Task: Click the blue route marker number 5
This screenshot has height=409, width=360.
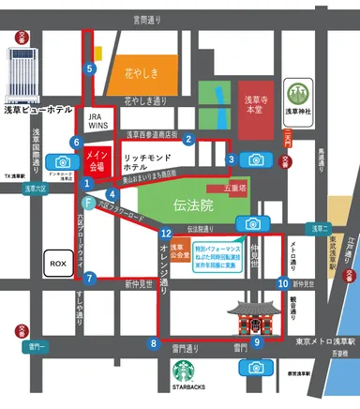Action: point(90,68)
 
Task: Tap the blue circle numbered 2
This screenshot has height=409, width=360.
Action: point(188,140)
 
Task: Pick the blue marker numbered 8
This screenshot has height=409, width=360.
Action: point(154,343)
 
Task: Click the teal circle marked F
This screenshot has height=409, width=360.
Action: point(87,202)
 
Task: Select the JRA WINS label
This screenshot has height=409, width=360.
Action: point(99,122)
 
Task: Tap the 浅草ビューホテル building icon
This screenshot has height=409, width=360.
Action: point(21,75)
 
